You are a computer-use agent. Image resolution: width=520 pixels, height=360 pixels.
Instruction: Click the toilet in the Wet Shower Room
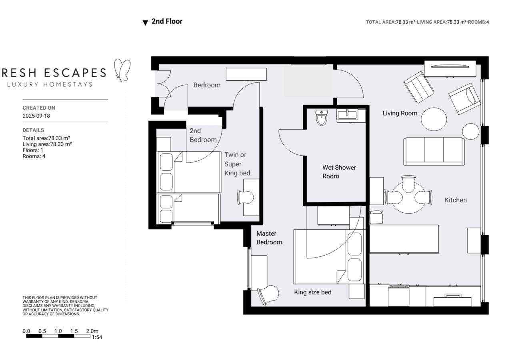[322, 118]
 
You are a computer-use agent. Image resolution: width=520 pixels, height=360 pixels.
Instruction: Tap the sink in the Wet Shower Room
[347, 115]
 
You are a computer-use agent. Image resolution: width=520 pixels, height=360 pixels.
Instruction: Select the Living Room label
[400, 113]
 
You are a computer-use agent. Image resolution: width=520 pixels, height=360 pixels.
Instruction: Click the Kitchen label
[456, 200]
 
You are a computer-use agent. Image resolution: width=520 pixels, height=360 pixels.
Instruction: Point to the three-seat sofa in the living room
[434, 151]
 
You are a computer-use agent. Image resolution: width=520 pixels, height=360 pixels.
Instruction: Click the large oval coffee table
[434, 119]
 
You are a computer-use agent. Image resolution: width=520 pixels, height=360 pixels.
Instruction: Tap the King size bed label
[312, 292]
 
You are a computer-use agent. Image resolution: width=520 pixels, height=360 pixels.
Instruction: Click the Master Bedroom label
[269, 238]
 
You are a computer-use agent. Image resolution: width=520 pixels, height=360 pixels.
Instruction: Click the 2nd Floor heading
[167, 22]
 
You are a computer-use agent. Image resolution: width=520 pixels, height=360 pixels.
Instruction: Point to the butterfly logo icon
[122, 70]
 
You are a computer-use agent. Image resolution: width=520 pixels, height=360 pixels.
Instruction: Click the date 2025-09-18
[36, 116]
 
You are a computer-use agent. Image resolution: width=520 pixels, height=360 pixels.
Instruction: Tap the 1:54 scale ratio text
[97, 337]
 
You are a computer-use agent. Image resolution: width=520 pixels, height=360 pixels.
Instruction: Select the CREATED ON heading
[39, 108]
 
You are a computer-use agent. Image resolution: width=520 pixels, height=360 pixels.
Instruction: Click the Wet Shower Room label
[339, 172]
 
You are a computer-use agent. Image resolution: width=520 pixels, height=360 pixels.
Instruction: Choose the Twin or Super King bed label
[237, 164]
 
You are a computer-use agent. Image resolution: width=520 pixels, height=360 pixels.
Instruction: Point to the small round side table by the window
[471, 131]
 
